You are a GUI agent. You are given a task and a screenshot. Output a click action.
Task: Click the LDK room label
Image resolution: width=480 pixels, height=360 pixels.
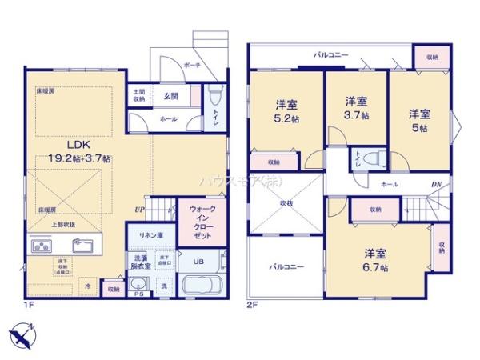pyautogui.click(x=77, y=145)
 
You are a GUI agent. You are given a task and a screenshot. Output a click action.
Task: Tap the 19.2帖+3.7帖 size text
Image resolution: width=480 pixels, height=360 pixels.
pyautogui.click(x=78, y=158)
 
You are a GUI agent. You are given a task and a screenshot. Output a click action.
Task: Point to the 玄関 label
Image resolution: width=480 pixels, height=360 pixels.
pyautogui.click(x=171, y=96)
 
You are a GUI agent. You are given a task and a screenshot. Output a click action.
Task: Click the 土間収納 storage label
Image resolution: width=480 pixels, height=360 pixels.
pyautogui.click(x=139, y=96)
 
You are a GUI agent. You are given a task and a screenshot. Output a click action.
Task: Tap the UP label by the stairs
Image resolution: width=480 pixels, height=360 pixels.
pyautogui.click(x=141, y=210)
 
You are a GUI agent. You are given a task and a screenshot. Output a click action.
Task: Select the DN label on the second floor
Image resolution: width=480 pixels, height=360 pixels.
pyautogui.click(x=436, y=185)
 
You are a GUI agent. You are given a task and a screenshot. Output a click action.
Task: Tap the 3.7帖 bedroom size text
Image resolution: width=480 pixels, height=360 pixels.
pyautogui.click(x=356, y=114)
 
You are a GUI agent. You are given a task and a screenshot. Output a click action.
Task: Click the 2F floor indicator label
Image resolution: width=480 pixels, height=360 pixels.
pyautogui.click(x=252, y=305)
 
